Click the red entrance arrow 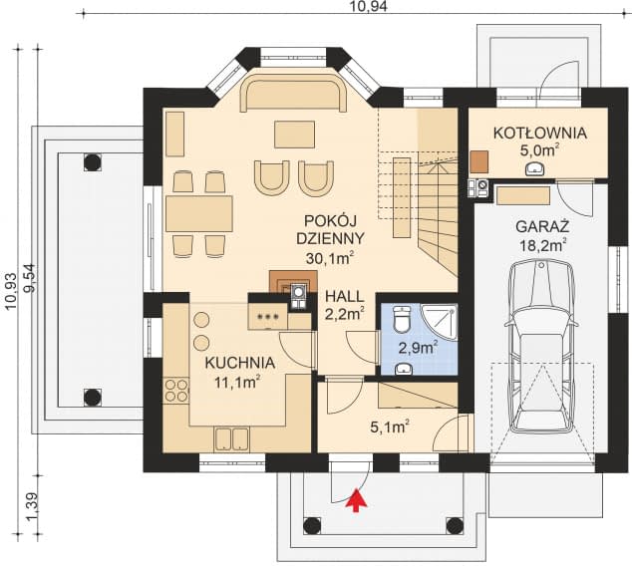click(356, 500)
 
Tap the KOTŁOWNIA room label click(539, 133)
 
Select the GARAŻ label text click(542, 226)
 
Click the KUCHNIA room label click(240, 363)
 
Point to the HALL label click(345, 297)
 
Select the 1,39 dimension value click(31, 506)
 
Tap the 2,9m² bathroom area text click(418, 348)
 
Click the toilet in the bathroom click(401, 319)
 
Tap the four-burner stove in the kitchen click(176, 390)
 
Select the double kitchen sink click(231, 438)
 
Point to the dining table click(199, 213)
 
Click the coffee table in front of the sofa click(295, 135)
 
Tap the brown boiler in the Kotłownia click(479, 161)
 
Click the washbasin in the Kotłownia click(535, 168)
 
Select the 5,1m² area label click(390, 427)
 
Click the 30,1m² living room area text click(330, 258)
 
